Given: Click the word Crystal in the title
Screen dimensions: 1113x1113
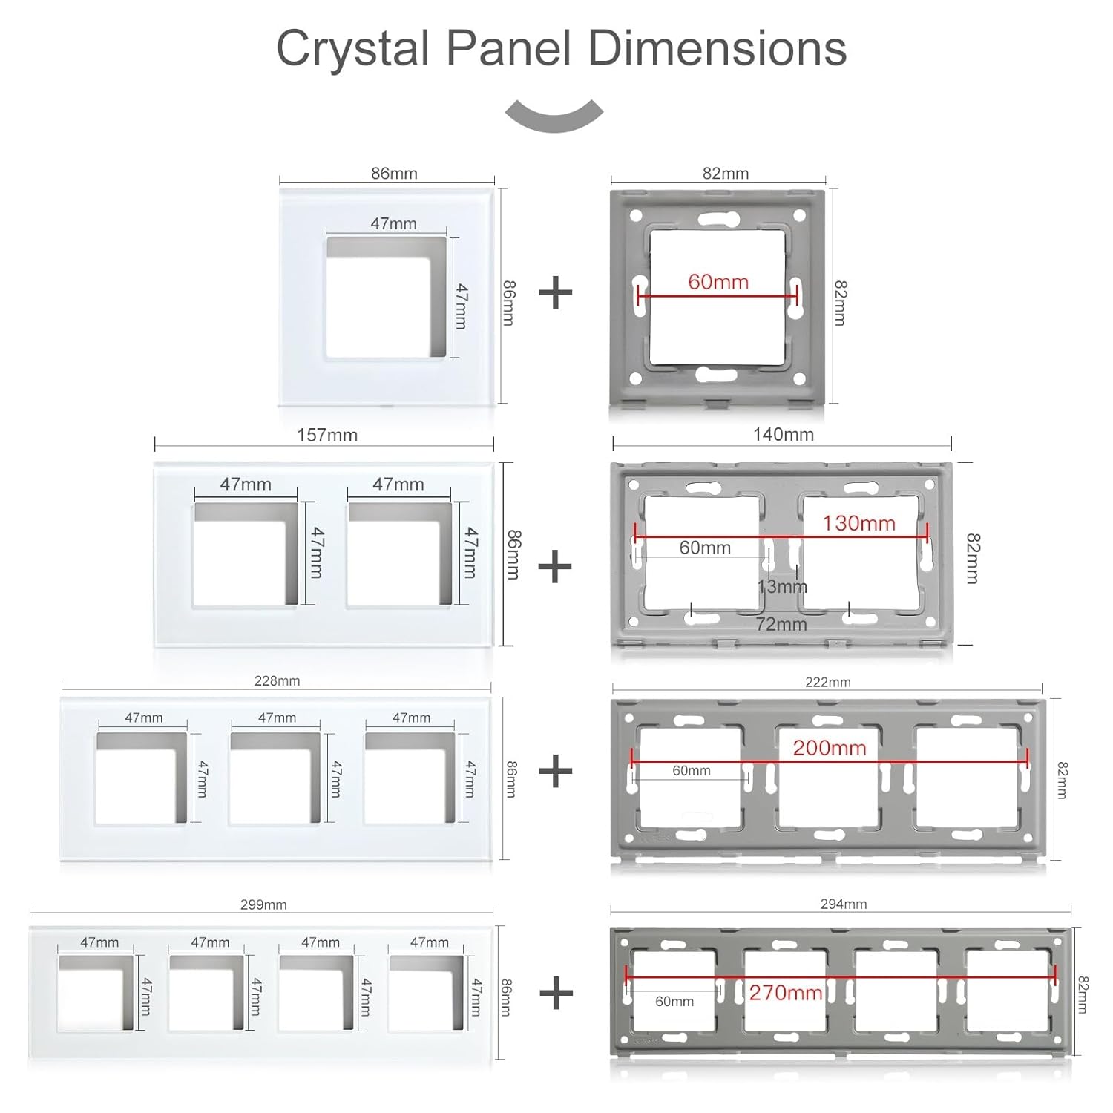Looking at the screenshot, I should (x=353, y=49).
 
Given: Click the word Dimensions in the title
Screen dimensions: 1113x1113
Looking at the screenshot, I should (x=717, y=49).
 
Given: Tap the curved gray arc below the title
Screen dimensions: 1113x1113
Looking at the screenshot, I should (x=554, y=116).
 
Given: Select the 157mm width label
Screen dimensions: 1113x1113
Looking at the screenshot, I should (x=326, y=436).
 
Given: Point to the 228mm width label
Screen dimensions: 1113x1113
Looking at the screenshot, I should (x=277, y=680).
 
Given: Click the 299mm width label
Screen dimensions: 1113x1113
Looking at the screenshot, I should (x=263, y=904).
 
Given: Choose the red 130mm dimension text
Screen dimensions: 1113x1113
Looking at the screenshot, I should (x=858, y=523).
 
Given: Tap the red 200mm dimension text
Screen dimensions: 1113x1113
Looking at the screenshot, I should (x=829, y=747).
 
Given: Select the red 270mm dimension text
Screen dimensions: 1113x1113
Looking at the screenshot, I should (x=785, y=992).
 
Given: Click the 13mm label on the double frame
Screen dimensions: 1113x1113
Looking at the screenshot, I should (x=781, y=587).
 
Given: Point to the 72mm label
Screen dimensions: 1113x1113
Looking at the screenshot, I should (x=781, y=624).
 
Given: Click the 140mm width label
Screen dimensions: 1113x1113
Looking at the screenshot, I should (x=783, y=435).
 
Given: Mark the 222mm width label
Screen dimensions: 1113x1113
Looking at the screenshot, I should (x=827, y=682).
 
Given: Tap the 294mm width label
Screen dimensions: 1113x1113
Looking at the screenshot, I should (x=844, y=904).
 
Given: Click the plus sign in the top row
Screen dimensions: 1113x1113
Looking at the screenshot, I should (x=555, y=293).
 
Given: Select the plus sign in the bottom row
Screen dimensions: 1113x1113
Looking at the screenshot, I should (x=556, y=993).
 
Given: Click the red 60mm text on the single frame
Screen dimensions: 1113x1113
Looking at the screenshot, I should (x=718, y=282).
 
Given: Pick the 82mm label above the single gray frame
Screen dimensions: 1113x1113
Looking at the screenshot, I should (x=725, y=174).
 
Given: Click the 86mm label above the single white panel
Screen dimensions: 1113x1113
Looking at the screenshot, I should (x=394, y=174).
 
